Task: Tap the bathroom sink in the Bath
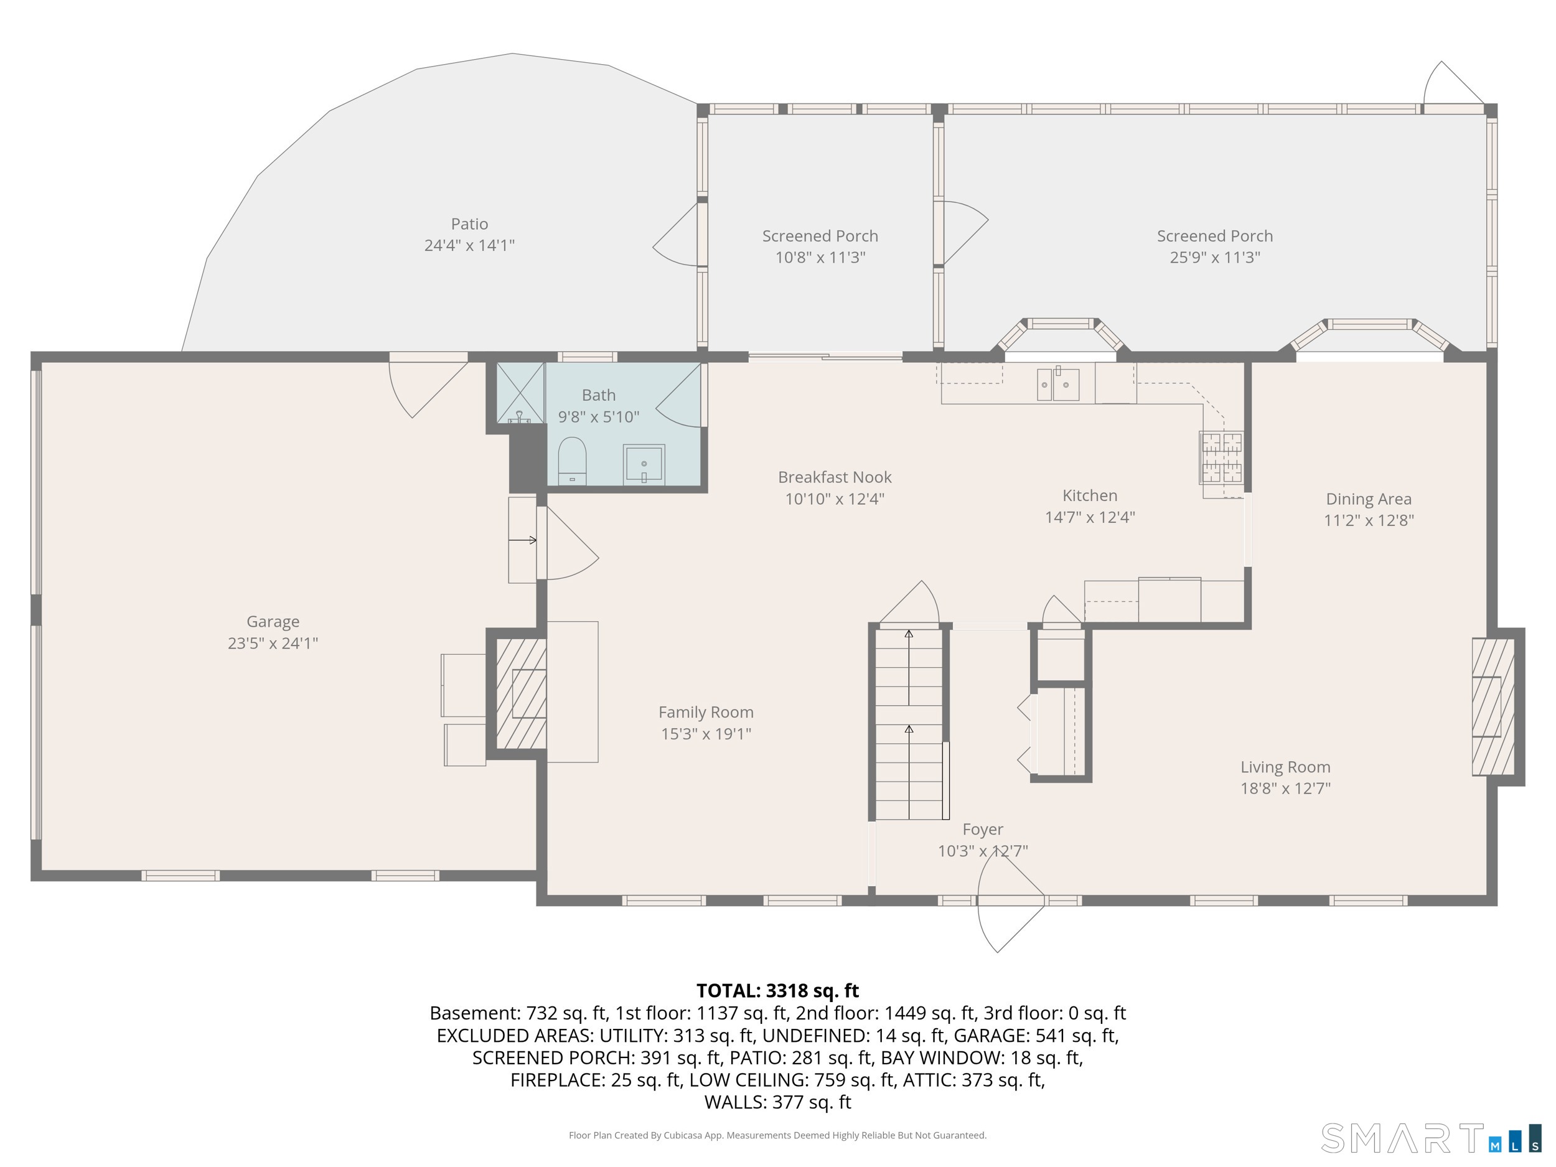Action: pos(644,464)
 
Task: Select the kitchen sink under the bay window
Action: pos(1058,384)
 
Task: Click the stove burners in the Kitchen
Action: pos(1222,457)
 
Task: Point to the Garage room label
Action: pos(273,621)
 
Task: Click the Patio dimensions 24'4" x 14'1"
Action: pos(469,245)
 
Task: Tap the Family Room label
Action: pos(706,712)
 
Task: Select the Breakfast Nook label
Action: pos(834,477)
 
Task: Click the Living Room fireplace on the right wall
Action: pos(1493,706)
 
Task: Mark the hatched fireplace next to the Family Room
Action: pos(521,693)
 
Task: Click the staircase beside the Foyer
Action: pos(909,724)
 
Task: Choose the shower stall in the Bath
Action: pos(520,393)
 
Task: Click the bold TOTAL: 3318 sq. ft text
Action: pos(777,990)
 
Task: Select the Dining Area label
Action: pos(1368,499)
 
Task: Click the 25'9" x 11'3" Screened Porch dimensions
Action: pos(1215,257)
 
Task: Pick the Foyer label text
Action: pos(983,830)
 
